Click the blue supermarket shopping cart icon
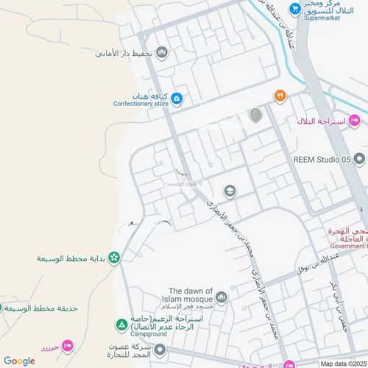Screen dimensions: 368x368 point(295,10)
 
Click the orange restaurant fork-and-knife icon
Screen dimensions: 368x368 point(280,96)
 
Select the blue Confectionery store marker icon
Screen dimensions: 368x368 point(177,99)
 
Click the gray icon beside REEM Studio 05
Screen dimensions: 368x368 point(359,159)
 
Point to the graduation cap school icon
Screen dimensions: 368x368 point(230,191)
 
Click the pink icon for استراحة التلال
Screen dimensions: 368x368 point(355,120)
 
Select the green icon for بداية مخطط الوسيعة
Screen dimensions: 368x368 point(114,258)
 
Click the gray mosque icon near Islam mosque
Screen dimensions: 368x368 point(222,297)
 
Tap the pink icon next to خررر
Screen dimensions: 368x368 point(68,345)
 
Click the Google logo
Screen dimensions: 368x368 point(19,361)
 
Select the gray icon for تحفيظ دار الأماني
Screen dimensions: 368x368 point(162,53)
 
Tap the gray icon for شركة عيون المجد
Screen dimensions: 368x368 point(160,350)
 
